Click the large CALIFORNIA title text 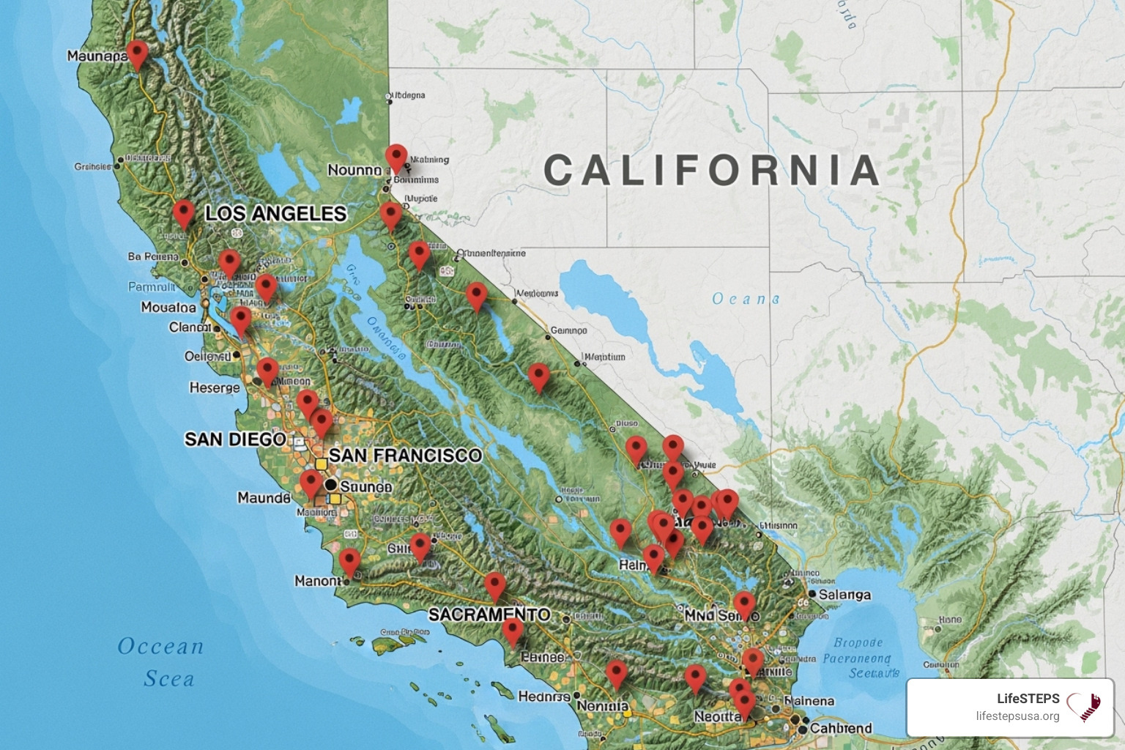(711, 170)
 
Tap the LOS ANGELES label (275, 213)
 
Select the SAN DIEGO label (235, 439)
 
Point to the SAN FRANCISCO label (405, 455)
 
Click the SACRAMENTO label (489, 614)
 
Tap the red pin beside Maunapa (137, 55)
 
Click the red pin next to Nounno (396, 158)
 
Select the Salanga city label (844, 595)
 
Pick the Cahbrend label (841, 728)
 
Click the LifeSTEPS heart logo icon (1084, 707)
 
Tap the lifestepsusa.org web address (1017, 716)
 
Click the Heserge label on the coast (215, 387)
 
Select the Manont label (318, 581)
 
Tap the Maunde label (264, 498)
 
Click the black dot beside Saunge (330, 485)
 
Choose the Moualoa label (168, 307)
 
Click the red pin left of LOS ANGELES (183, 213)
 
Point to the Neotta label (718, 716)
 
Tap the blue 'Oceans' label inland (746, 299)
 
